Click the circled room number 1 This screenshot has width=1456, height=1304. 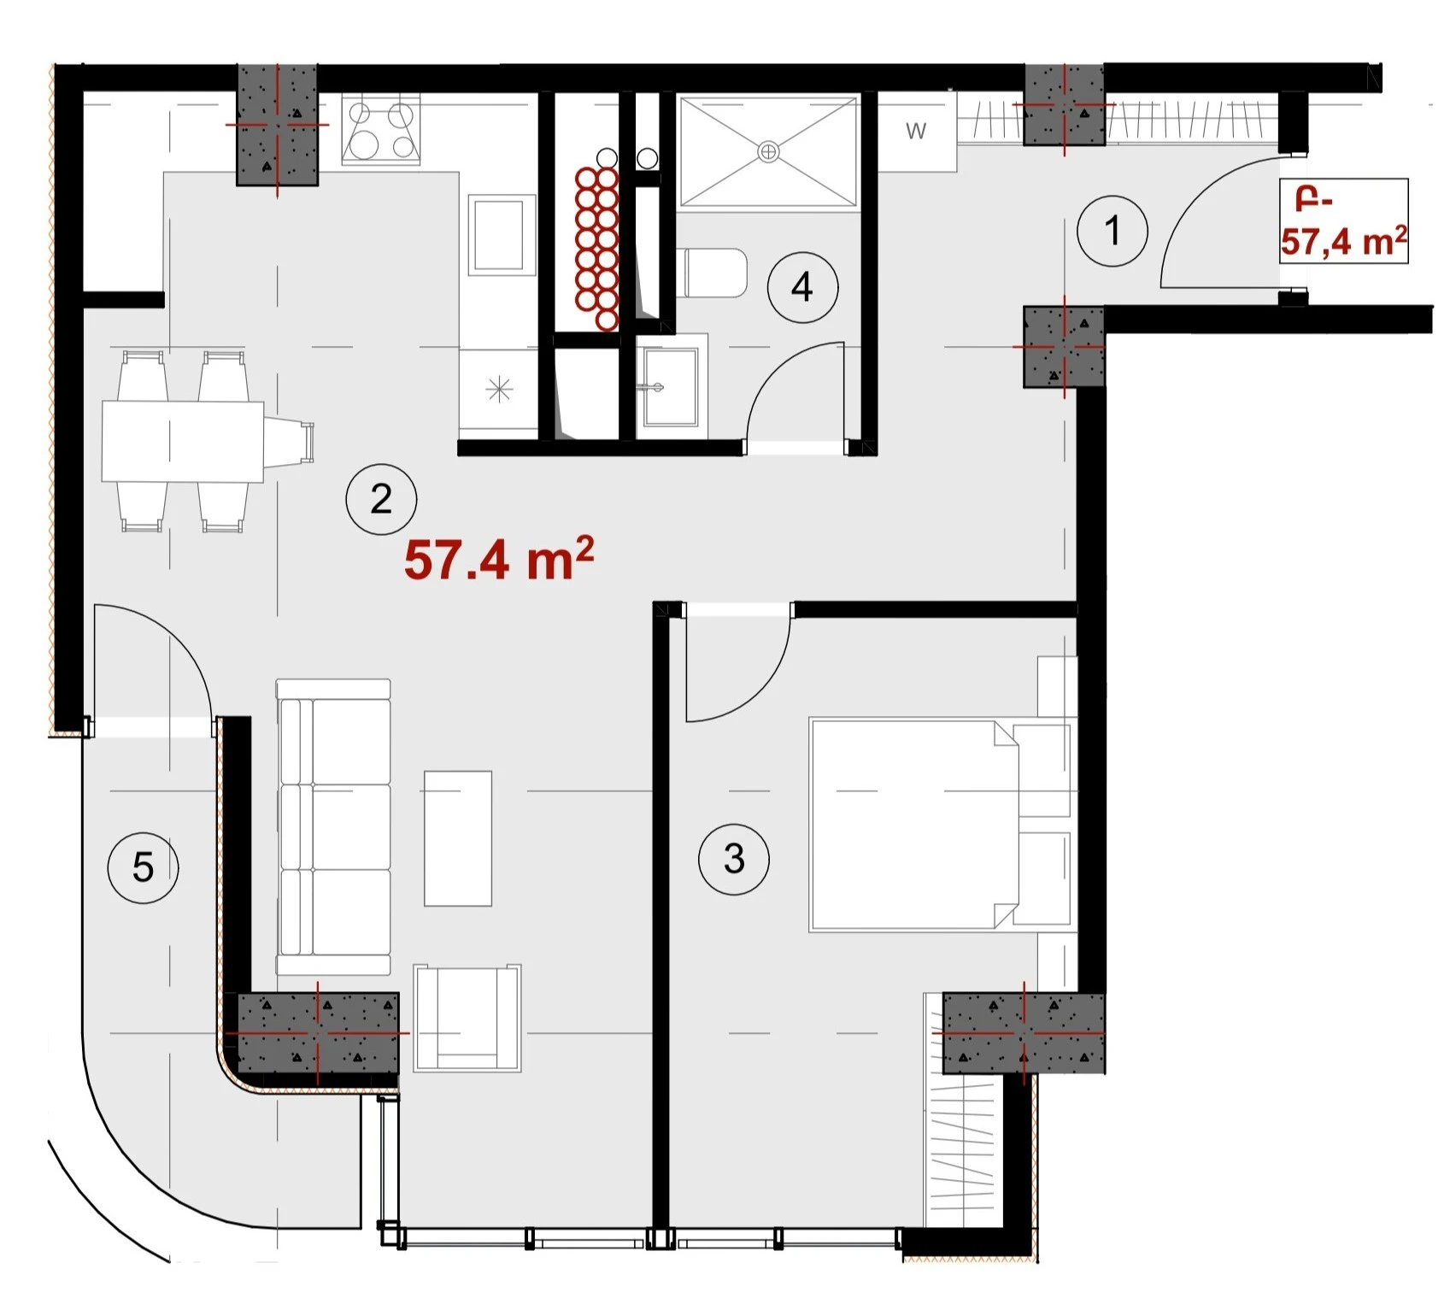[x=1112, y=231]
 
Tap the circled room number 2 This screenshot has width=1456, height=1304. [x=381, y=499]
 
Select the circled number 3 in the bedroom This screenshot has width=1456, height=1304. [x=734, y=859]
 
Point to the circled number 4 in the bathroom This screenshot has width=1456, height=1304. [x=802, y=287]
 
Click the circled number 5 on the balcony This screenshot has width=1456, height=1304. [x=143, y=867]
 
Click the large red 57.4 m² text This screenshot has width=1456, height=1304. [x=499, y=561]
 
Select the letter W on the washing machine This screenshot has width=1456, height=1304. [x=916, y=131]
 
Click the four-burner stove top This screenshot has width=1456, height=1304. [x=381, y=130]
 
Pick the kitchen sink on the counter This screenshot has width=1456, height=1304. [x=499, y=235]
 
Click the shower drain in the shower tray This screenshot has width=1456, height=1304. [x=768, y=152]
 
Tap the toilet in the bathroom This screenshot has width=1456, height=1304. [x=713, y=273]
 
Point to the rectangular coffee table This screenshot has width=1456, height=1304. [x=458, y=838]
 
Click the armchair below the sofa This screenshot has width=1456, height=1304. [x=467, y=1018]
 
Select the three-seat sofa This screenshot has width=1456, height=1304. [x=334, y=827]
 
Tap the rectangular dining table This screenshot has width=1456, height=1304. [x=183, y=442]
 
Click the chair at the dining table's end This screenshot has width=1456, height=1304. [x=289, y=442]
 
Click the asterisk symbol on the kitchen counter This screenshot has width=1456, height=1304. [x=499, y=391]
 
